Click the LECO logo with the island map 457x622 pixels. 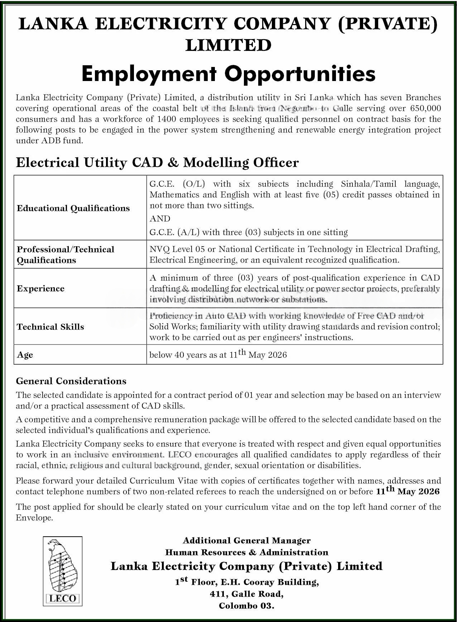click(63, 571)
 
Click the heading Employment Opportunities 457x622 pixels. click(228, 74)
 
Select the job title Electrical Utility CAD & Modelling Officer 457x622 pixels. click(157, 163)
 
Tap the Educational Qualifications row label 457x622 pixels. click(73, 208)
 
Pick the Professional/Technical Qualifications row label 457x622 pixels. click(65, 255)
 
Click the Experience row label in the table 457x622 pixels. click(40, 289)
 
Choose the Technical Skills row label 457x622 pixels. click(50, 327)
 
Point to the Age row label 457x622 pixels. click(25, 355)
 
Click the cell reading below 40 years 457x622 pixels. click(218, 355)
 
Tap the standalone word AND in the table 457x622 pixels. click(160, 219)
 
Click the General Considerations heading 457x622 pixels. click(71, 381)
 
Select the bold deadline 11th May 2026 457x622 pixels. click(408, 491)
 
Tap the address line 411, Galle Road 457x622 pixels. click(246, 594)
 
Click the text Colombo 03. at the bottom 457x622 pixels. click(246, 606)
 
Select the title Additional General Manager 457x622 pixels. click(246, 540)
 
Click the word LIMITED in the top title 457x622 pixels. click(228, 45)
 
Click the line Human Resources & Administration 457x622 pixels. click(246, 552)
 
